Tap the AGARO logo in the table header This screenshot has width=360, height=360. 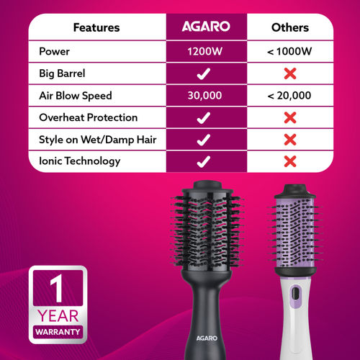click(205, 28)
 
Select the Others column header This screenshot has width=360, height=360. click(289, 28)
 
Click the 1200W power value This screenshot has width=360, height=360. click(205, 51)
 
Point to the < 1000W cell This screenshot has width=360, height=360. click(289, 51)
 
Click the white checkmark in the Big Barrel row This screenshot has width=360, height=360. click(205, 73)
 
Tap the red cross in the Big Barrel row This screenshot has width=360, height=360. click(289, 73)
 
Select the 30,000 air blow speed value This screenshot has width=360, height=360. click(205, 95)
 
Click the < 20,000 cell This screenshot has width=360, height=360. click(289, 95)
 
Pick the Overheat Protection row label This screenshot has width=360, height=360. click(87, 117)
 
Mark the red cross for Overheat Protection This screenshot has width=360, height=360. click(289, 117)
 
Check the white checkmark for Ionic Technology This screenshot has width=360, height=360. click(205, 161)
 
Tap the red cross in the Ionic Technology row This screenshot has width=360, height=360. click(289, 161)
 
